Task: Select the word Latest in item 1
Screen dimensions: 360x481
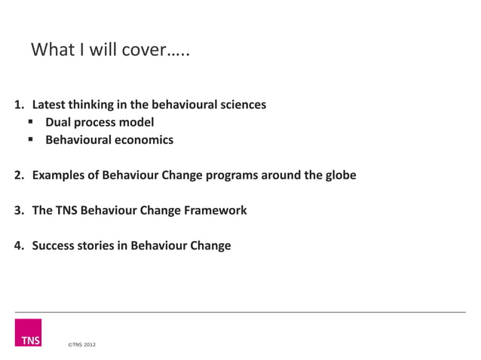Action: (x=50, y=105)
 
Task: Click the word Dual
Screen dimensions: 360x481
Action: (x=59, y=122)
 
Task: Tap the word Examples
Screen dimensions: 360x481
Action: (x=61, y=175)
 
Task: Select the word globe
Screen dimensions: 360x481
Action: (x=339, y=175)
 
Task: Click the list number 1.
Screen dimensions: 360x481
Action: (x=18, y=105)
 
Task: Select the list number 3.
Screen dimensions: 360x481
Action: (x=18, y=211)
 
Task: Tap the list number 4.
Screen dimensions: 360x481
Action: (x=18, y=246)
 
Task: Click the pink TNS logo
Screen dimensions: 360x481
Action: (x=28, y=333)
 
